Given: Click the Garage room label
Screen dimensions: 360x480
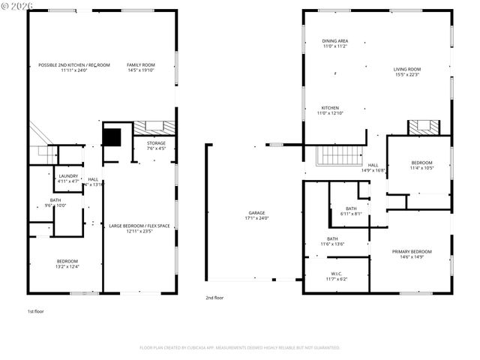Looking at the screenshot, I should click(256, 212).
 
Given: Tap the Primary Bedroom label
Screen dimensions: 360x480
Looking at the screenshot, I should click(411, 251).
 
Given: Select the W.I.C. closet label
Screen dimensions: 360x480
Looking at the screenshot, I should click(336, 274).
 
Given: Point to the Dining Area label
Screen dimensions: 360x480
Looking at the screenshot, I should click(334, 41).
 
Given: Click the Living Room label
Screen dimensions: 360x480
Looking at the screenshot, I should click(407, 70).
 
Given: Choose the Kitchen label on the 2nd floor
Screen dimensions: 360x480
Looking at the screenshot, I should click(329, 107).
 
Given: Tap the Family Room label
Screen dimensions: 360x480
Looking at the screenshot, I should click(140, 65).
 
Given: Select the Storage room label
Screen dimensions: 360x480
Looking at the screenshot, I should click(156, 142).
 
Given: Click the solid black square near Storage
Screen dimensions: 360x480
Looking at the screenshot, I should click(112, 138).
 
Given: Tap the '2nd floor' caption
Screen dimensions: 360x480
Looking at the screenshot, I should click(214, 298).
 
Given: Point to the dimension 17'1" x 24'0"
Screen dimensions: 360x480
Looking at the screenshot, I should click(256, 218).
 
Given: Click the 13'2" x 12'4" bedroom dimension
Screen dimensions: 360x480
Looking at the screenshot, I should click(67, 266).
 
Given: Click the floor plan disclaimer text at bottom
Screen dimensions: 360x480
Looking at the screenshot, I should click(240, 347).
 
